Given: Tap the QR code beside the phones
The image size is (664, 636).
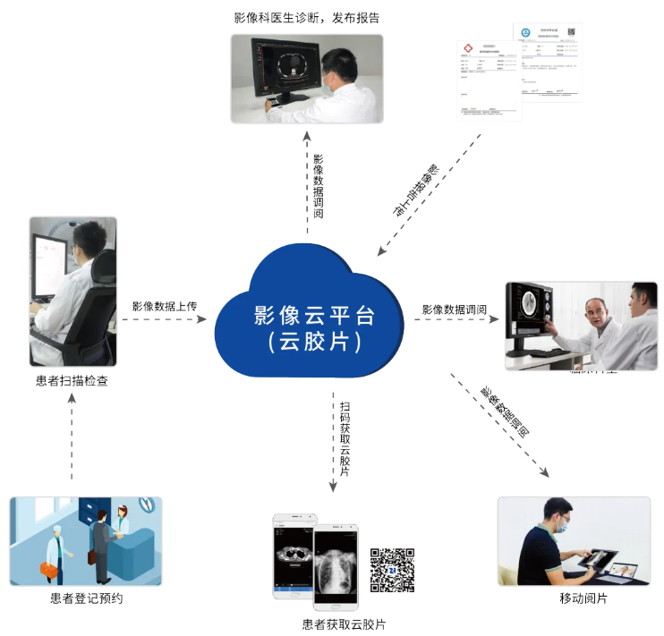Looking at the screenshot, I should (x=392, y=570).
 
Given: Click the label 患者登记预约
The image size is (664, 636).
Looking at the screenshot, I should (x=86, y=598).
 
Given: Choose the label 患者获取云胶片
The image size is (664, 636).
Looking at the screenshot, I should (x=345, y=624).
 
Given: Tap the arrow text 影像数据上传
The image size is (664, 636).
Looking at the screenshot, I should (x=165, y=306).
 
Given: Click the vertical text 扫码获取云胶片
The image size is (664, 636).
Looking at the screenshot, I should (x=345, y=438).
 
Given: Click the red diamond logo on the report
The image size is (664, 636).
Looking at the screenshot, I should (x=465, y=49).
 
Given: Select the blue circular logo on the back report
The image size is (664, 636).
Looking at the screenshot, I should (x=527, y=33).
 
